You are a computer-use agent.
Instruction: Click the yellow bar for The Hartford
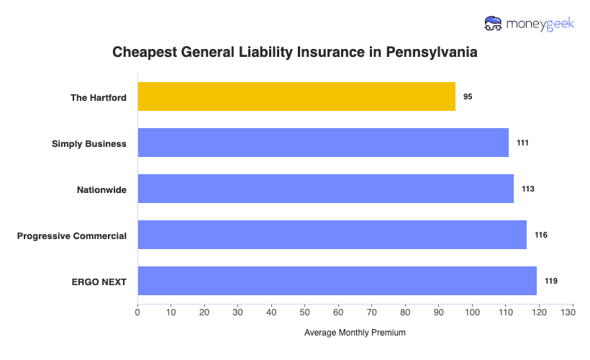(296, 96)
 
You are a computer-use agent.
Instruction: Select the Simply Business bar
(323, 143)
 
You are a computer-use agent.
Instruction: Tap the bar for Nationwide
(325, 189)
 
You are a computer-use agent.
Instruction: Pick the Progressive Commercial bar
(332, 235)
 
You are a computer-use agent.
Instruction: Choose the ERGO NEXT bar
(337, 281)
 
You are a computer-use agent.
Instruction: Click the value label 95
(468, 96)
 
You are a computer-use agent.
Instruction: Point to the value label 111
(522, 143)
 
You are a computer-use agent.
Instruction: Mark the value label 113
(527, 189)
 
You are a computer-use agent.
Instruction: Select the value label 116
(540, 235)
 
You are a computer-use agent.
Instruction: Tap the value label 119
(550, 281)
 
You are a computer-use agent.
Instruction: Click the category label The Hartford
(98, 97)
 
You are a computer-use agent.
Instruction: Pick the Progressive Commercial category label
(72, 235)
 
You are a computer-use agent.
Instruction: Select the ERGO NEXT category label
(98, 282)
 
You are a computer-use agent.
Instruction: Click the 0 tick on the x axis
(137, 312)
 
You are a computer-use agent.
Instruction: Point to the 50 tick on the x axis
(305, 312)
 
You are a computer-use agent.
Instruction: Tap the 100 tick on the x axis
(472, 312)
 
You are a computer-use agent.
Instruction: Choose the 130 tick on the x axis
(573, 312)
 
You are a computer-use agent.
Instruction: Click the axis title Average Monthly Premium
(355, 333)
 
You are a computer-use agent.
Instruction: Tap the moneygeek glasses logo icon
(494, 24)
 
